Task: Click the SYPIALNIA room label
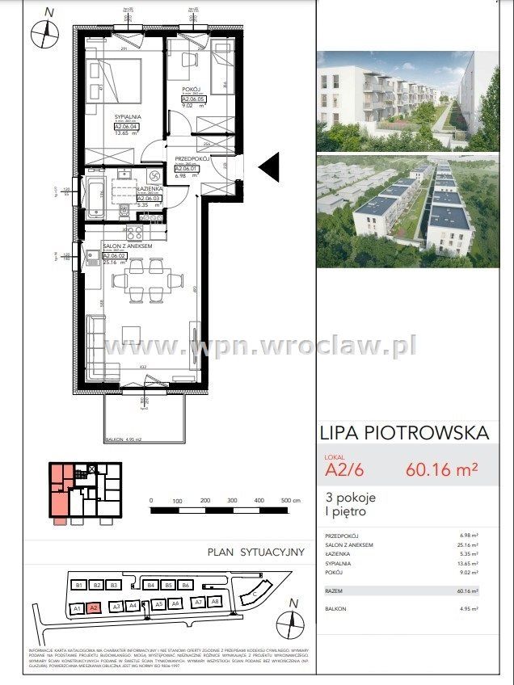[126, 116]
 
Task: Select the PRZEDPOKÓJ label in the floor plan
[192, 159]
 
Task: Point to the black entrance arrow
[268, 167]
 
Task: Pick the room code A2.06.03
[150, 198]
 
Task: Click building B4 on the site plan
[150, 585]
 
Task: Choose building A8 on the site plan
[215, 602]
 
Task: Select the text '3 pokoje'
[351, 497]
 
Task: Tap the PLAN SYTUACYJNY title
[255, 553]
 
